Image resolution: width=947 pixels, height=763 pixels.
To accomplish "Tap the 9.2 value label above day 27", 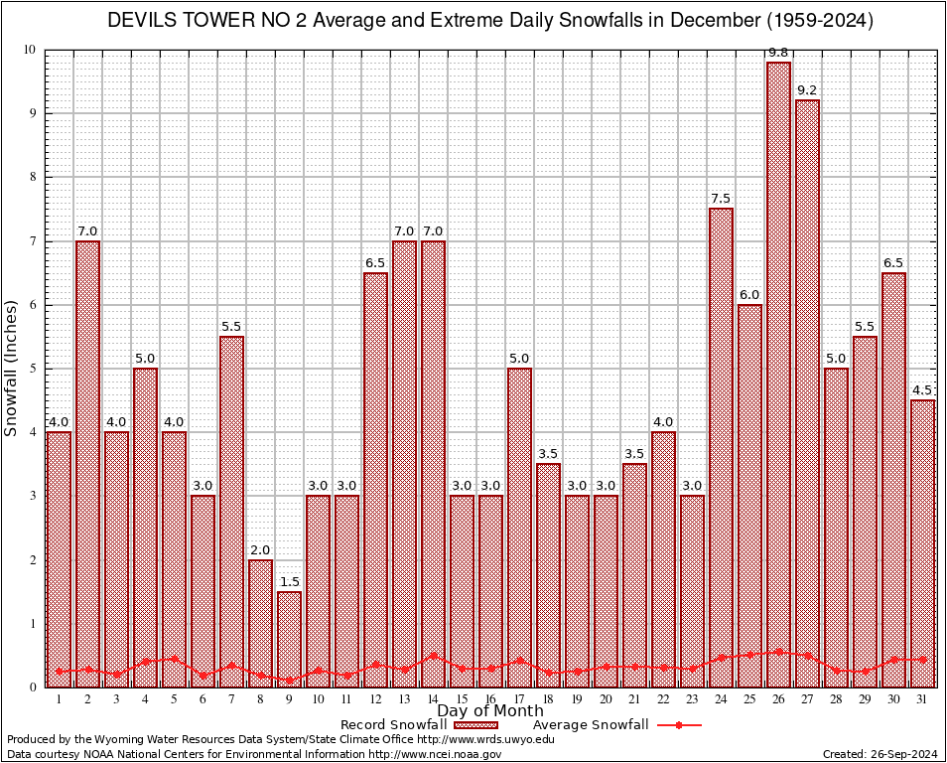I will tap(807, 90).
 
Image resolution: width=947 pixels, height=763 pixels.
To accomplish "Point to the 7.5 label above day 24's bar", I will tap(721, 199).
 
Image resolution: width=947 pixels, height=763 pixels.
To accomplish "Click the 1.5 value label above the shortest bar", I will tap(289, 582).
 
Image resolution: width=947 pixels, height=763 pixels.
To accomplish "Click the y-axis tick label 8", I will tap(32, 177).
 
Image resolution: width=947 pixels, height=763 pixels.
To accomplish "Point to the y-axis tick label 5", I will tap(32, 369).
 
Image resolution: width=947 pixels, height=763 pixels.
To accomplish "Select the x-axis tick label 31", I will tap(922, 699).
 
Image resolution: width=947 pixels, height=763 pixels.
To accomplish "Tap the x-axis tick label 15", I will tap(462, 699).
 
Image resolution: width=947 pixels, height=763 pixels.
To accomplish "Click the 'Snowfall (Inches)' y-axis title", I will tap(12, 369).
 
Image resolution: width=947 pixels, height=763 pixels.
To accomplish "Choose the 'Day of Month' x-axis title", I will tap(490, 711).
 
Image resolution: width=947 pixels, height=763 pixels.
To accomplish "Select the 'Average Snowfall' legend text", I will tap(591, 725).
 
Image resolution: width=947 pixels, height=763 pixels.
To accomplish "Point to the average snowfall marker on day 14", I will tap(433, 656).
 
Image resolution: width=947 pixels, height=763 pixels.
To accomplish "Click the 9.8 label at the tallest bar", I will tap(778, 52).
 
